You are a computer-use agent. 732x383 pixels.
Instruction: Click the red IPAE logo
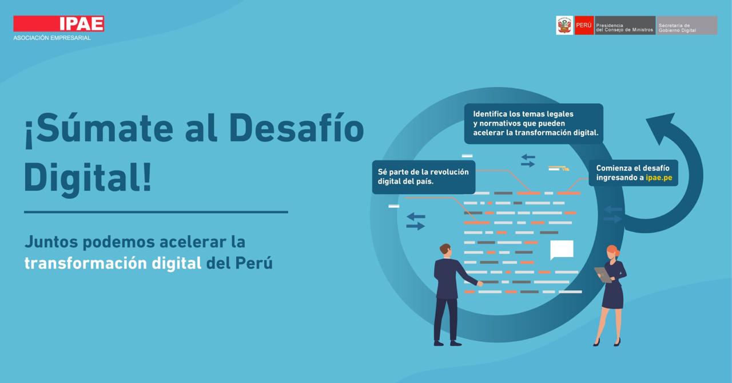(59, 23)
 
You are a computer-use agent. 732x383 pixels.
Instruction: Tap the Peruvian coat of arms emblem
(564, 26)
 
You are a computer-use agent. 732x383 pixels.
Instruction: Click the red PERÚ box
(584, 26)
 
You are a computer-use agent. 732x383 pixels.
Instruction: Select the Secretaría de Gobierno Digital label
(687, 26)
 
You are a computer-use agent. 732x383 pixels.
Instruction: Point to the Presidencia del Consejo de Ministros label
(625, 26)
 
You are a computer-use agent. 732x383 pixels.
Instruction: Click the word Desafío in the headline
(297, 128)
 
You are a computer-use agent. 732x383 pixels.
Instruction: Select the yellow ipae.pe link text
(659, 177)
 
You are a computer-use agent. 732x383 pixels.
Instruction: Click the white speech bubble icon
(562, 250)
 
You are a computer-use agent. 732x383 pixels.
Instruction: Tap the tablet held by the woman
(603, 274)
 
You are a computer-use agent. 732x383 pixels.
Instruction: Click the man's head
(445, 251)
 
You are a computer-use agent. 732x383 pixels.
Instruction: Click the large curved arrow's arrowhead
(660, 127)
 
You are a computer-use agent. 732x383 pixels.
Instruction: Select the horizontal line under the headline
(156, 212)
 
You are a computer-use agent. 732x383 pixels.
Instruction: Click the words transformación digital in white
(113, 263)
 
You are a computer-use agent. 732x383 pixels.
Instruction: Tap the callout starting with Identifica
(534, 124)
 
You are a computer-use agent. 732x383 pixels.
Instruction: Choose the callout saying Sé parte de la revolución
(424, 177)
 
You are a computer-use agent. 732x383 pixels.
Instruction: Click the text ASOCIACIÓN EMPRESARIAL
(52, 38)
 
